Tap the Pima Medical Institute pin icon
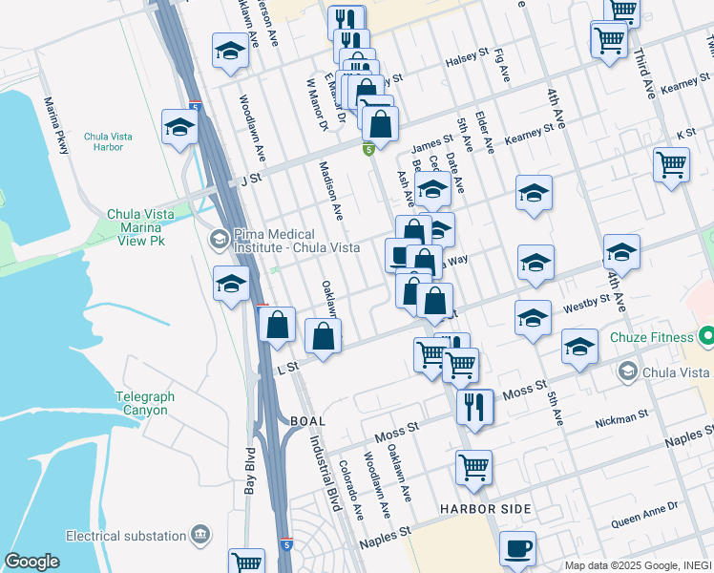click(218, 238)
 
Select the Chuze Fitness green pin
click(706, 336)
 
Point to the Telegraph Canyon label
click(141, 403)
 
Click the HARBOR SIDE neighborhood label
click(485, 509)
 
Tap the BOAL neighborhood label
click(303, 421)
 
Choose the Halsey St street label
click(467, 62)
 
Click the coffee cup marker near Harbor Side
click(517, 548)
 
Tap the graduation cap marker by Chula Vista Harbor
click(179, 126)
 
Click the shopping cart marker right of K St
click(671, 164)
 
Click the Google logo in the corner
click(31, 562)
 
